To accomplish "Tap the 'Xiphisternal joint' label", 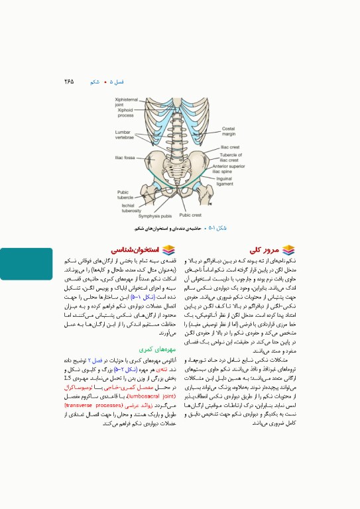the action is (x=125, y=101).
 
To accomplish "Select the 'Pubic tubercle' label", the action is (x=125, y=194).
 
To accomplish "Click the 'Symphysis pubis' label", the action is (x=155, y=215).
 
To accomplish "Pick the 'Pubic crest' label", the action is (x=190, y=215).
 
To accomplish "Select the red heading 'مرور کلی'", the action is (x=264, y=250).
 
